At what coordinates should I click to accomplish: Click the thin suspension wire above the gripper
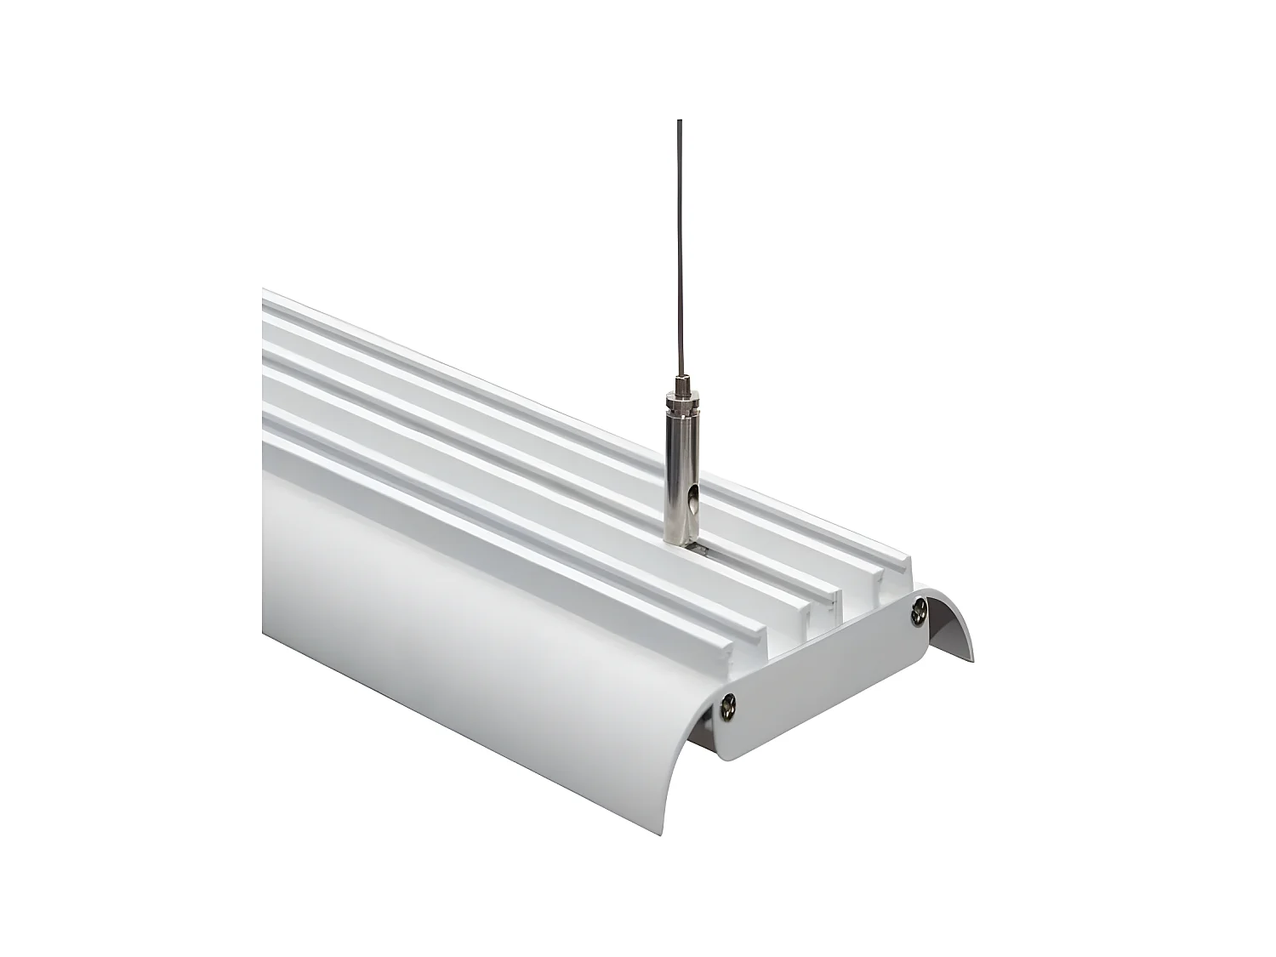tap(679, 255)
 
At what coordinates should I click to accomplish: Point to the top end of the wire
tap(679, 122)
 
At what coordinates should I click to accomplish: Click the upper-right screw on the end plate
tap(919, 609)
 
